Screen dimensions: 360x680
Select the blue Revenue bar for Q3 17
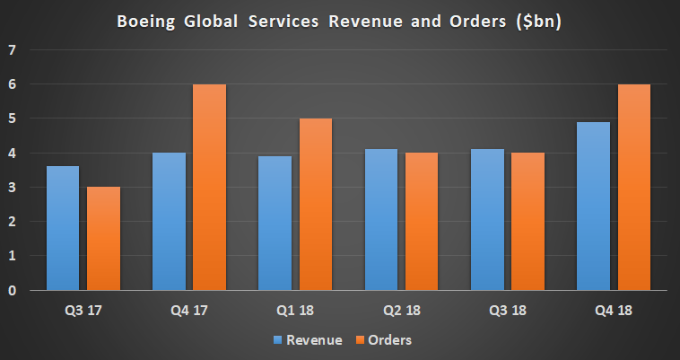pos(62,228)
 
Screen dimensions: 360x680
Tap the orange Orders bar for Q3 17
pos(104,239)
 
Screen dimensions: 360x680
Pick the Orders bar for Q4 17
pos(209,187)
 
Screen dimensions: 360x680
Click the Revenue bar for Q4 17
pos(168,222)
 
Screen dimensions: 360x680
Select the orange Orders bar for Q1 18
pos(315,205)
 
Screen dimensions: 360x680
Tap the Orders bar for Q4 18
pos(633,187)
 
